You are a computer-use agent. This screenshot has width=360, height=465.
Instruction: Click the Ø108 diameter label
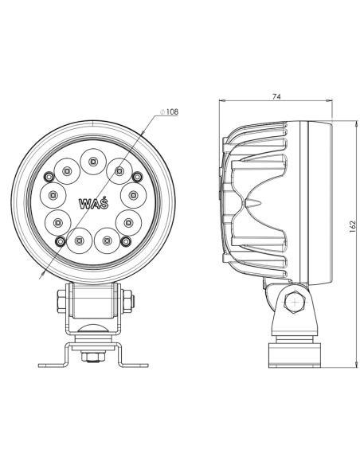(170, 112)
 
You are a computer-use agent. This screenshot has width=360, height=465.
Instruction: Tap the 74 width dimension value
(276, 96)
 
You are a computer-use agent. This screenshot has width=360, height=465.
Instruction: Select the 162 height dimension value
(351, 225)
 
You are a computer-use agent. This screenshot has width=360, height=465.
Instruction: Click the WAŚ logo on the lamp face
(94, 202)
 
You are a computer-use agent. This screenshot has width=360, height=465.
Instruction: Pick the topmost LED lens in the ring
(94, 162)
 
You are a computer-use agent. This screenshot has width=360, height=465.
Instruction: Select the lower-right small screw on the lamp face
(127, 240)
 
